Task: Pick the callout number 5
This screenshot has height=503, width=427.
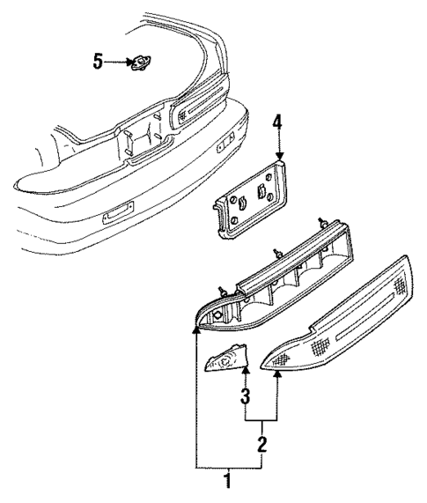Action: [99, 61]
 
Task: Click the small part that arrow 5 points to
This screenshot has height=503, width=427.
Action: [139, 62]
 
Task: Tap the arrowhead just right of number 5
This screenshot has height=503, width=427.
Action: [124, 61]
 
